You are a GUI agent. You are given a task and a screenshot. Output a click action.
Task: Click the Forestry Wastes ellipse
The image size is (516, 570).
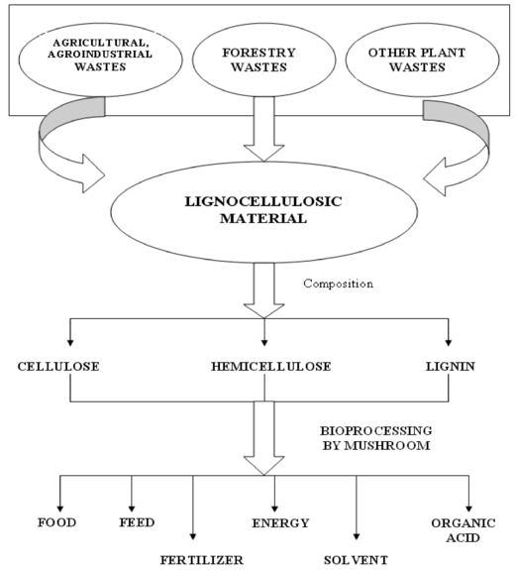point(263,60)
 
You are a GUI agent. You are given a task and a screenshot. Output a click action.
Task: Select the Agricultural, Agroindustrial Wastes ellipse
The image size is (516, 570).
point(100,60)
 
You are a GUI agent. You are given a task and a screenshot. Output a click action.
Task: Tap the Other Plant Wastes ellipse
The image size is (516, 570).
point(422,60)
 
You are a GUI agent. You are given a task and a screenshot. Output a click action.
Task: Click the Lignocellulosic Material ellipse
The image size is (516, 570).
point(264,212)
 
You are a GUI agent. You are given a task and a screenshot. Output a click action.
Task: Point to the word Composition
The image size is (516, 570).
point(338,284)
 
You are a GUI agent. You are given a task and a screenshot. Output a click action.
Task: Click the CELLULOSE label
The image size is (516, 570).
point(58,366)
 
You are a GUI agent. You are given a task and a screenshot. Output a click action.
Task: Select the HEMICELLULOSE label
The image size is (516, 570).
point(271,366)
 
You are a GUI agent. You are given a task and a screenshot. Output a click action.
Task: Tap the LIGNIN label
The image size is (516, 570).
point(451,366)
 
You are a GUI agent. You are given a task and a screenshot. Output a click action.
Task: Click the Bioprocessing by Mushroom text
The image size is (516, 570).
point(376,438)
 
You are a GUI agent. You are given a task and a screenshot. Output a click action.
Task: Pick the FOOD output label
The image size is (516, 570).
point(57,522)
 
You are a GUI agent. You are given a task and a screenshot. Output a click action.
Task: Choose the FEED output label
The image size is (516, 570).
point(137,522)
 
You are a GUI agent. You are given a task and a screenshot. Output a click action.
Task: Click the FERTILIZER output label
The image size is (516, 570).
point(202,560)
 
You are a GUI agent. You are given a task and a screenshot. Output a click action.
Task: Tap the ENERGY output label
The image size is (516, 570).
point(280,523)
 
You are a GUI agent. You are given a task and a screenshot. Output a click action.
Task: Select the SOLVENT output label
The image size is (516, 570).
point(356,560)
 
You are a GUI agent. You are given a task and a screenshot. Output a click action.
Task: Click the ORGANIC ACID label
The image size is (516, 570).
point(464,530)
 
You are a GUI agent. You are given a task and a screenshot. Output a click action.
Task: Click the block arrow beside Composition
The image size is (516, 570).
point(264,290)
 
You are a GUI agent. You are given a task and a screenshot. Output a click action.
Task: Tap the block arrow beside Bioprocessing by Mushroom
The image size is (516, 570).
point(264,438)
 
